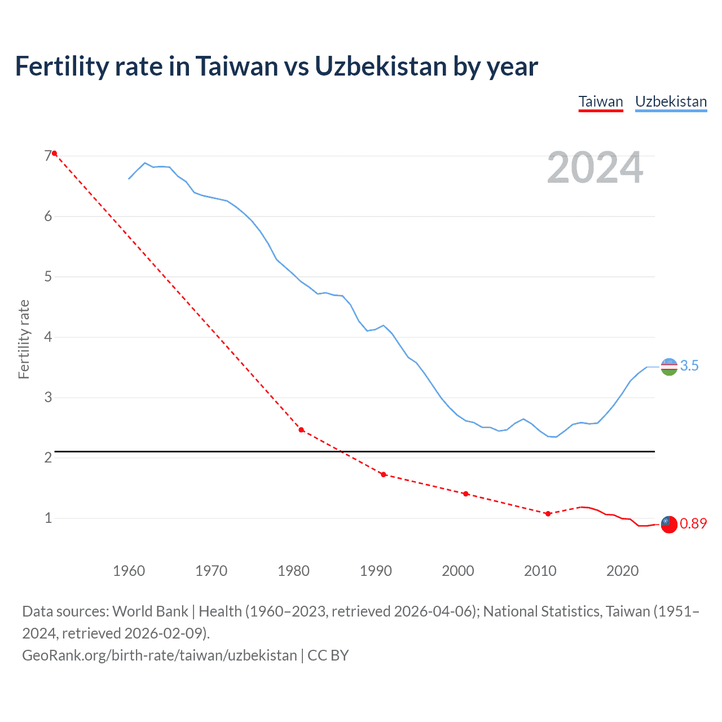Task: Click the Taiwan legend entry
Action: [x=601, y=102]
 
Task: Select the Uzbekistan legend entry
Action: [x=671, y=102]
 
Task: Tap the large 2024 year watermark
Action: [x=595, y=168]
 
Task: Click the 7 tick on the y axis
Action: [x=48, y=156]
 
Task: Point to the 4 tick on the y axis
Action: [x=48, y=337]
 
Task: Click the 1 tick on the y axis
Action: [x=48, y=518]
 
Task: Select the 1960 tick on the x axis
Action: [x=129, y=571]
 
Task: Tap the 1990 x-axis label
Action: [x=376, y=571]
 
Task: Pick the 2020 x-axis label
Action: [x=622, y=571]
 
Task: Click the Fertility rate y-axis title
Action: [x=24, y=339]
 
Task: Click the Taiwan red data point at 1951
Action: [x=54, y=153]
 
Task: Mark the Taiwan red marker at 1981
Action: [x=301, y=430]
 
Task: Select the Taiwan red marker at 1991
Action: [x=384, y=474]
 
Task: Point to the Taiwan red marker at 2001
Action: [x=465, y=494]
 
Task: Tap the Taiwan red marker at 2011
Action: [x=548, y=513]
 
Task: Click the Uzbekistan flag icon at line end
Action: [x=669, y=367]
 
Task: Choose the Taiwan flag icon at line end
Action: [x=669, y=524]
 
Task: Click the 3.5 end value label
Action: [x=689, y=366]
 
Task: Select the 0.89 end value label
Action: [x=693, y=524]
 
